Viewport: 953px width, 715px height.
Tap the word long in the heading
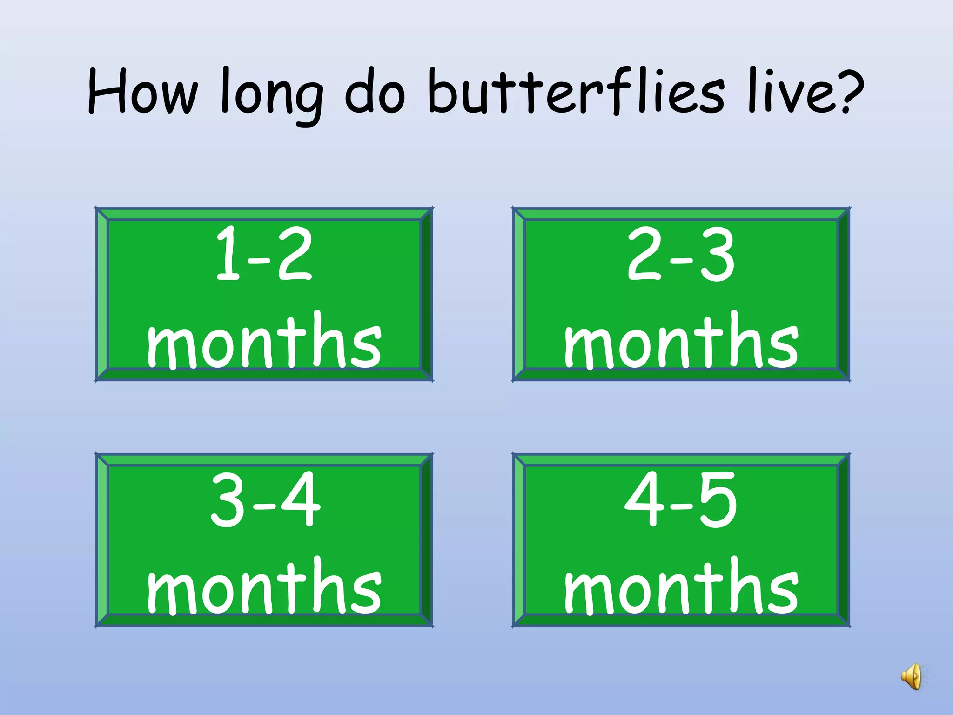point(271,93)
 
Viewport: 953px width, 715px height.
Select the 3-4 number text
point(265,499)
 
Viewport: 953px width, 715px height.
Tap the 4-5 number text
point(681,499)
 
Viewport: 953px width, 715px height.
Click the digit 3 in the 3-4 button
point(228,499)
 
